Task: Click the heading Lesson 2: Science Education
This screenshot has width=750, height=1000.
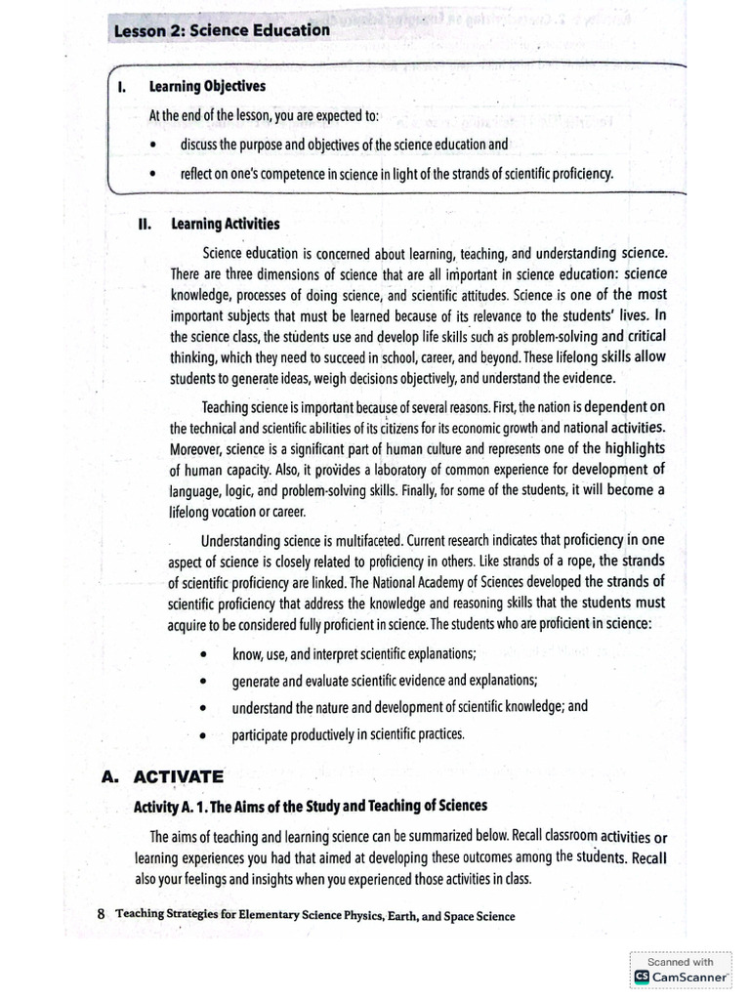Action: (x=222, y=30)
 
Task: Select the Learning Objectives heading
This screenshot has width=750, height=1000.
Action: (x=206, y=86)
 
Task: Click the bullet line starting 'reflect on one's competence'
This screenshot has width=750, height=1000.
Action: (x=396, y=174)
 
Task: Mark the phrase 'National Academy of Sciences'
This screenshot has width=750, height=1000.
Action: (x=448, y=582)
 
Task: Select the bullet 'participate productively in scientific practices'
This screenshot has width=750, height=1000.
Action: (x=349, y=734)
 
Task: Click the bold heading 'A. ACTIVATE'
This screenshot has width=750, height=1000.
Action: (x=162, y=777)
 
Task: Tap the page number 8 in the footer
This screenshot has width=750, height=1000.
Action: (x=101, y=915)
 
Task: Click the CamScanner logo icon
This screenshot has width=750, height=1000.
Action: (x=641, y=976)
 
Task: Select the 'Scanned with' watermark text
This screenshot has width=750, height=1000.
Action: (x=681, y=961)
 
